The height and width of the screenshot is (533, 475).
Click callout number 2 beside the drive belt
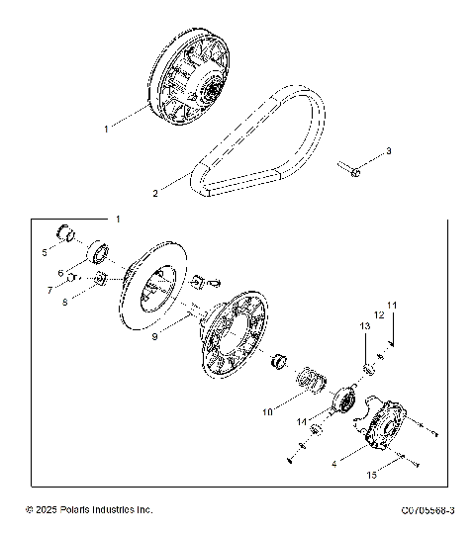pyautogui.click(x=155, y=194)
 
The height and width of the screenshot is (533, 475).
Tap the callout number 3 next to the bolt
pyautogui.click(x=389, y=150)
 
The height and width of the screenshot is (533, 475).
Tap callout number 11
pyautogui.click(x=391, y=306)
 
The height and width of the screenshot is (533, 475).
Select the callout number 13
pyautogui.click(x=363, y=325)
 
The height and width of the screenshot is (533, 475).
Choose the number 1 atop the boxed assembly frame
pyautogui.click(x=119, y=217)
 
